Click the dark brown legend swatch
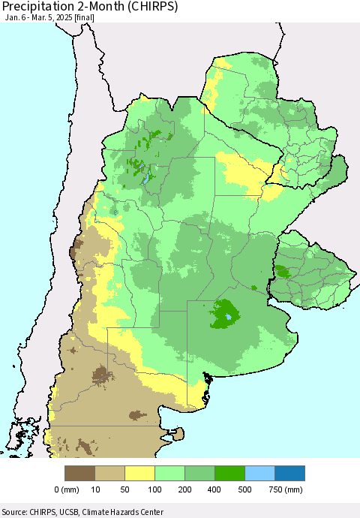coord(79,473)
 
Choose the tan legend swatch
coord(109,473)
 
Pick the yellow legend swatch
coord(139,473)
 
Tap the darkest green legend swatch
coord(229,473)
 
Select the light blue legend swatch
coord(259,473)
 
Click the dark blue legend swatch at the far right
coord(289,473)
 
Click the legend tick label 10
coord(94,490)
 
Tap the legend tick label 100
coord(154,490)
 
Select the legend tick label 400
coord(214,490)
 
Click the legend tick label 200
coord(184,490)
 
